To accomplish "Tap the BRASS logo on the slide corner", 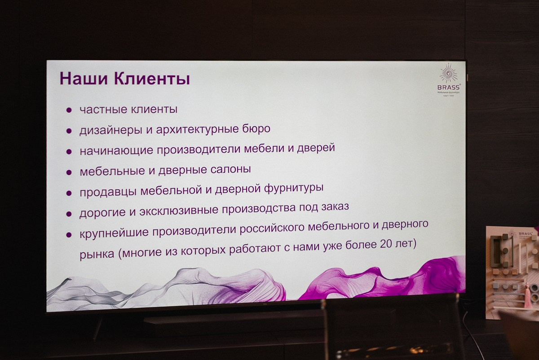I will (x=448, y=81).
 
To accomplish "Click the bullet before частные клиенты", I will (x=69, y=110).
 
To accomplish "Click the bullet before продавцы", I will (x=69, y=193).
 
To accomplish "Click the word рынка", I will (x=97, y=255).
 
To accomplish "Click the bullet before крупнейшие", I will (x=69, y=234).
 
